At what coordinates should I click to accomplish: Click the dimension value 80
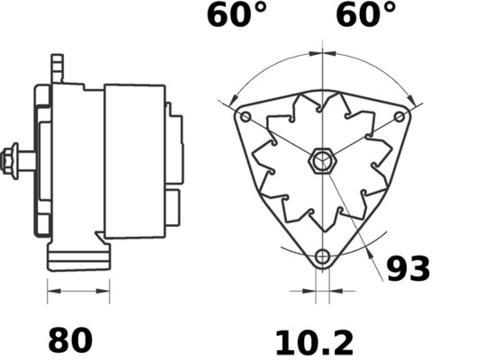click(69, 341)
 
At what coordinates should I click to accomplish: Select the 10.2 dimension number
click(314, 341)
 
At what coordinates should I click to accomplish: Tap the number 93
click(408, 269)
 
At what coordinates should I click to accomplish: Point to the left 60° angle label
click(237, 15)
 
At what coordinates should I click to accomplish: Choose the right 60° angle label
click(365, 15)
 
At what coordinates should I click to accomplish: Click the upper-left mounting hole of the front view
click(245, 117)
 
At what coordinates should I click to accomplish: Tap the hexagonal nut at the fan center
click(321, 163)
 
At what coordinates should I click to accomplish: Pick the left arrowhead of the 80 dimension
click(51, 292)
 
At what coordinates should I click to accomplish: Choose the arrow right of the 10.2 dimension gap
click(334, 292)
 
